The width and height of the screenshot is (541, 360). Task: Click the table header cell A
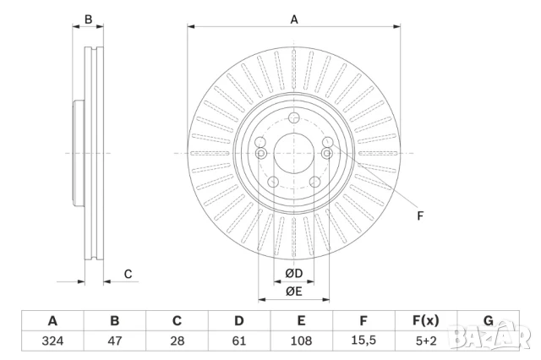pyautogui.click(x=52, y=321)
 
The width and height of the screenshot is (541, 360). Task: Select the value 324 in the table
pyautogui.click(x=52, y=341)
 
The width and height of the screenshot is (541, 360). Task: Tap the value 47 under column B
pyautogui.click(x=115, y=341)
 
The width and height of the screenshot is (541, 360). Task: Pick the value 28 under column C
pyautogui.click(x=177, y=341)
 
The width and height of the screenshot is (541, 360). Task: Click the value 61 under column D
pyautogui.click(x=239, y=341)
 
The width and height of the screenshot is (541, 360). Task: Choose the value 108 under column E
pyautogui.click(x=301, y=341)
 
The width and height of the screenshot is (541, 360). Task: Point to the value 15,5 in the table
pyautogui.click(x=363, y=341)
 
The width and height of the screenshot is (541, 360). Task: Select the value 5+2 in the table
pyautogui.click(x=425, y=341)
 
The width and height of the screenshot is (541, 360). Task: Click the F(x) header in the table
pyautogui.click(x=425, y=321)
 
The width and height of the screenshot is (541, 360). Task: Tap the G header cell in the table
pyautogui.click(x=488, y=321)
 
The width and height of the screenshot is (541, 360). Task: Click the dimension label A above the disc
pyautogui.click(x=294, y=19)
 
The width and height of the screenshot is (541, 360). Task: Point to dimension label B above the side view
pyautogui.click(x=88, y=19)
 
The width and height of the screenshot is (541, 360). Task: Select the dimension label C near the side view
pyautogui.click(x=128, y=273)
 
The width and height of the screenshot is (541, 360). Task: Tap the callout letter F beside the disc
pyautogui.click(x=420, y=215)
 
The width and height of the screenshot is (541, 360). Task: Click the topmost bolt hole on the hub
pyautogui.click(x=293, y=118)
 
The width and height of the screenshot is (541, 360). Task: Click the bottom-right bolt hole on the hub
pyautogui.click(x=314, y=182)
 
